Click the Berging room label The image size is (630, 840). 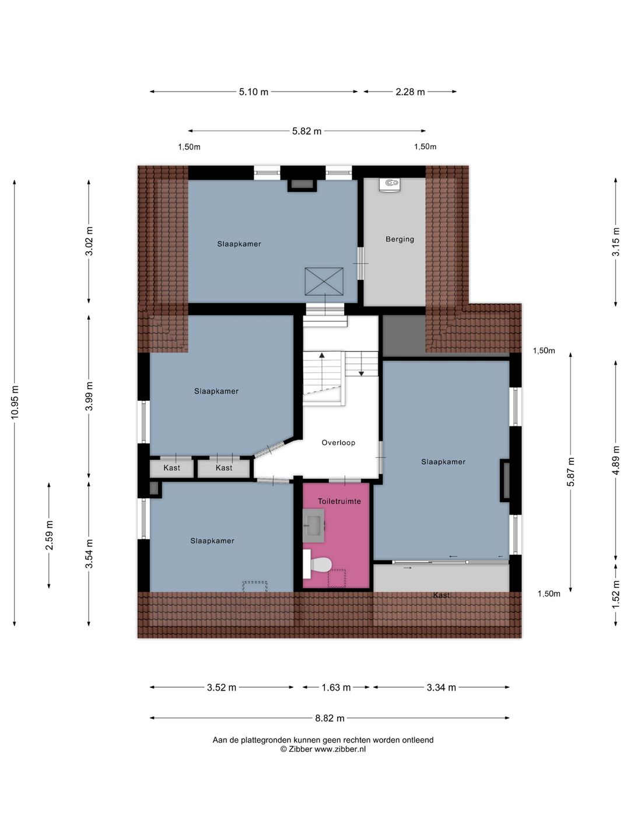pos(400,239)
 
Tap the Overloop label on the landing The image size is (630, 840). pos(338,443)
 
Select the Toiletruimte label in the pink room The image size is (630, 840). pos(339,501)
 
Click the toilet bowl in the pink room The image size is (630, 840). pos(320,565)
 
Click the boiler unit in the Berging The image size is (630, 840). pos(389,184)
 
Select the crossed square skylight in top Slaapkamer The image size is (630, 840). pos(324,282)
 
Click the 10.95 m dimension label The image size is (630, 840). pos(15,402)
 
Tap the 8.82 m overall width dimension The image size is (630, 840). pos(330,718)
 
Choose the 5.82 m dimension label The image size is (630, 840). pos(307,131)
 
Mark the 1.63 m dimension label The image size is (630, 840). pos(336,687)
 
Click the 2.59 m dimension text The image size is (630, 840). pos(50,535)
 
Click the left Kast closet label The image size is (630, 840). pos(171,468)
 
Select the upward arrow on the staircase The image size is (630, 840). pos(321,355)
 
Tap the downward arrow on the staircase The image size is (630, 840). pos(361,373)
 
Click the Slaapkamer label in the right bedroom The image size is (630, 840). pos(443,462)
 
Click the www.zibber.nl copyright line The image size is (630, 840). pos(323,750)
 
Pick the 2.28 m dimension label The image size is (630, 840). pos(410,92)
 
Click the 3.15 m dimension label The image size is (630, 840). pos(615,242)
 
